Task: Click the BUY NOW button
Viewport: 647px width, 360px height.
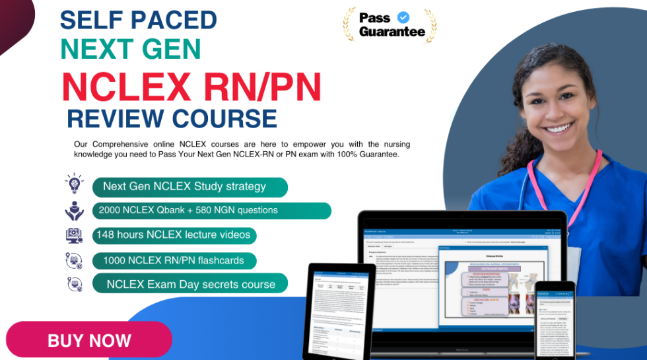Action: pos(89,340)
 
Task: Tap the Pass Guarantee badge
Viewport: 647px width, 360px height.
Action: pos(390,25)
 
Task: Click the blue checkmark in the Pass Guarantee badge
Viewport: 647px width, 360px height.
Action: pos(402,17)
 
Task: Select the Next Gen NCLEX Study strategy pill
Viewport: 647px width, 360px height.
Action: pos(189,186)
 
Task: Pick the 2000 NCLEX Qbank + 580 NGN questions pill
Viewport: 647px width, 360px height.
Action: pos(211,210)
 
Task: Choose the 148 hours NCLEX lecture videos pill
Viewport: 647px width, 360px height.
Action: pos(174,234)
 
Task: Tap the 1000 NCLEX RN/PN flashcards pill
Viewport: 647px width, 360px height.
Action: pos(174,260)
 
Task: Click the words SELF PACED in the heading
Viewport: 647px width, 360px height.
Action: pos(139,20)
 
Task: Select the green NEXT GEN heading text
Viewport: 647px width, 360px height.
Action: pos(131,50)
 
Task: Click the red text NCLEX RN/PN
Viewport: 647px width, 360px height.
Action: pos(191,86)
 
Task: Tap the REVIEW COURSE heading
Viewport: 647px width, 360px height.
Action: pos(172,119)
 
